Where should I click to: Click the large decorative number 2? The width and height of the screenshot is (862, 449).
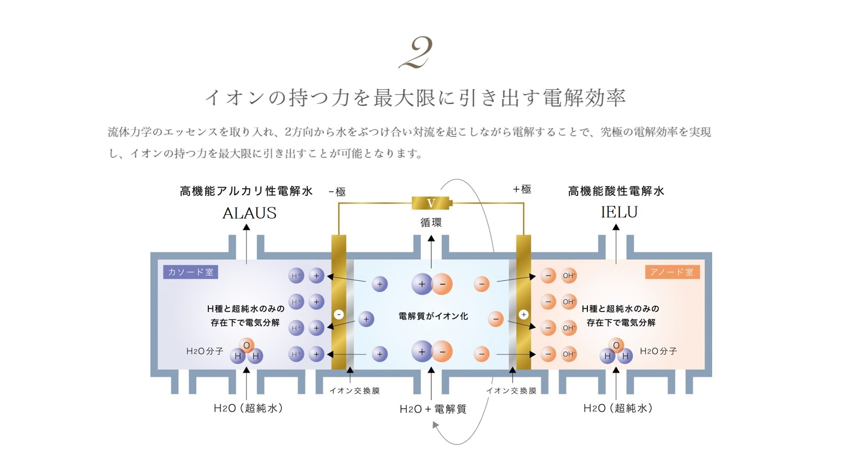pyautogui.click(x=416, y=53)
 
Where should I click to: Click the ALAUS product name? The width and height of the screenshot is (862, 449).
pyautogui.click(x=250, y=213)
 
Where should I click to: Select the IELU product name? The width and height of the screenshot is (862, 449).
pyautogui.click(x=619, y=212)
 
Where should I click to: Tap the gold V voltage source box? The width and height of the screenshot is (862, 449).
pyautogui.click(x=431, y=203)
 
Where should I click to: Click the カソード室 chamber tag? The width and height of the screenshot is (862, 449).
pyautogui.click(x=190, y=272)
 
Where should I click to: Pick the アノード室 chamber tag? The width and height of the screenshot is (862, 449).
pyautogui.click(x=671, y=272)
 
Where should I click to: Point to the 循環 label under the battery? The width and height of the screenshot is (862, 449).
pyautogui.click(x=431, y=223)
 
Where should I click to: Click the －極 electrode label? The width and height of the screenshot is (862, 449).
pyautogui.click(x=337, y=192)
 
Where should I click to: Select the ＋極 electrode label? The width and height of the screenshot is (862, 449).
pyautogui.click(x=522, y=189)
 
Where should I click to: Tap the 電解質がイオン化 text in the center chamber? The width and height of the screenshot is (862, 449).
pyautogui.click(x=433, y=316)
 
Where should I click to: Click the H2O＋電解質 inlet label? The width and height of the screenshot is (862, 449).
pyautogui.click(x=433, y=409)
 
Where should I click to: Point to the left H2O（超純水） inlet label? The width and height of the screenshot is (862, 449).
pyautogui.click(x=249, y=408)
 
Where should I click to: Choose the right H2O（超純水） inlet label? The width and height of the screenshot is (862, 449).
pyautogui.click(x=618, y=408)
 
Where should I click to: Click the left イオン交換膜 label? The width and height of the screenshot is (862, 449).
pyautogui.click(x=355, y=391)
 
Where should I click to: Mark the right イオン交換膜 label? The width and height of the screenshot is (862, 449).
pyautogui.click(x=511, y=391)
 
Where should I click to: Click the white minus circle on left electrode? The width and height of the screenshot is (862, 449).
pyautogui.click(x=339, y=315)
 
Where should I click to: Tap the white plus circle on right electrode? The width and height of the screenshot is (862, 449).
pyautogui.click(x=524, y=315)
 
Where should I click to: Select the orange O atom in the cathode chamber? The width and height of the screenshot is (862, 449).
pyautogui.click(x=246, y=345)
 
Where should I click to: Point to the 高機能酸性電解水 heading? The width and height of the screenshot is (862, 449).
pyautogui.click(x=616, y=191)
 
